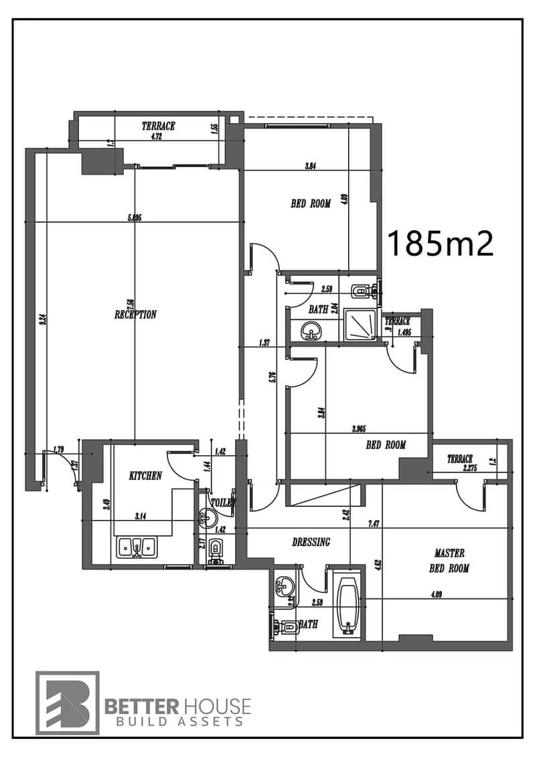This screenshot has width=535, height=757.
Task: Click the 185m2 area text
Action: point(440,244)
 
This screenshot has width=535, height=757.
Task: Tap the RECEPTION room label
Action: point(135,315)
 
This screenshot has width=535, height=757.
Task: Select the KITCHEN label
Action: point(145,476)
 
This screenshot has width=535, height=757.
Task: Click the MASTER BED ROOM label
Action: point(449,561)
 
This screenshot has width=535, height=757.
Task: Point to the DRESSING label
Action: point(311,542)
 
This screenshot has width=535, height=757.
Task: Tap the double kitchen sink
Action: point(137,547)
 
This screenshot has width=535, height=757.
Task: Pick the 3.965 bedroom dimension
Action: point(362,429)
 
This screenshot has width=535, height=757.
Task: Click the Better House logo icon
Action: point(68,702)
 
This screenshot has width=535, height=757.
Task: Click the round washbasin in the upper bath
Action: point(310,330)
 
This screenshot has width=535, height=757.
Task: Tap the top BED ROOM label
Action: point(310,203)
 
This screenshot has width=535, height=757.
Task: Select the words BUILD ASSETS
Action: point(177,722)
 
